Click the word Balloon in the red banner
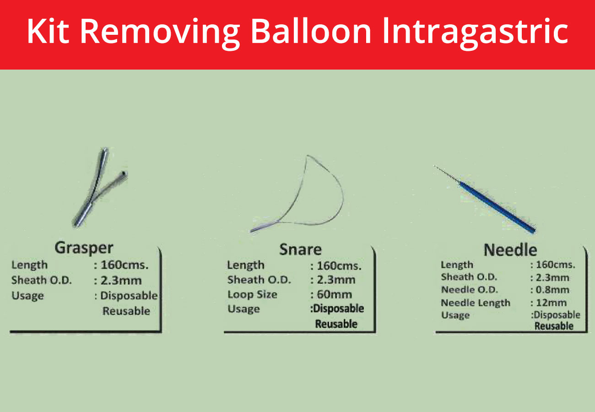[x=311, y=31]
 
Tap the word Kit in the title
[x=48, y=31]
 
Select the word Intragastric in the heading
[x=475, y=33]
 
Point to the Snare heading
[x=300, y=249]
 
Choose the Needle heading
[x=510, y=250]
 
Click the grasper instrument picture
[x=100, y=187]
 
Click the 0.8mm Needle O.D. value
[x=552, y=290]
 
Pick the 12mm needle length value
[x=551, y=303]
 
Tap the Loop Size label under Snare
[x=252, y=295]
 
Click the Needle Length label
[x=476, y=303]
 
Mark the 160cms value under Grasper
[x=124, y=265]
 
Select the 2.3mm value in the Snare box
[x=336, y=280]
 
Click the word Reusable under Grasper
[x=126, y=311]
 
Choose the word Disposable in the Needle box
[x=557, y=315]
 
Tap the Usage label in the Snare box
[x=243, y=309]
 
